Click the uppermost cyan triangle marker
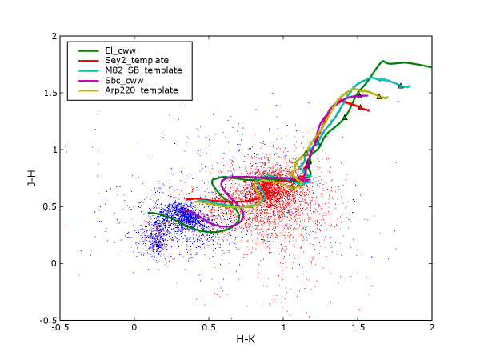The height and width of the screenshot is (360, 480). coord(401,86)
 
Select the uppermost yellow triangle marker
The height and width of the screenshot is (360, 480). coord(379,96)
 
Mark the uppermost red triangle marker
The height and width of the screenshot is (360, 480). coord(360,106)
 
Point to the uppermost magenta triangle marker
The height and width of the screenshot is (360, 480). coord(358,95)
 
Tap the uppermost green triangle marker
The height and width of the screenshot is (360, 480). coord(345,117)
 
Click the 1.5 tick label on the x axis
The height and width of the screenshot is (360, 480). coord(358,327)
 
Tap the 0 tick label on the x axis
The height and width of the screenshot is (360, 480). coord(134,327)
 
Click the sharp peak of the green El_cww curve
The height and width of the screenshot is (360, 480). coord(384,60)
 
